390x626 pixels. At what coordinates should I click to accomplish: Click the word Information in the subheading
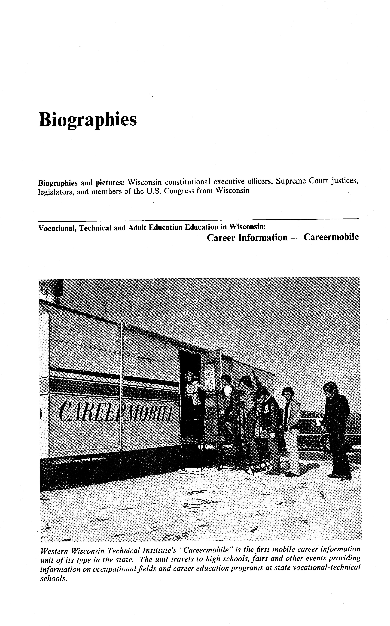tap(263, 237)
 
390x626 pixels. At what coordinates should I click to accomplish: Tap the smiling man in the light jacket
tap(291, 425)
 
